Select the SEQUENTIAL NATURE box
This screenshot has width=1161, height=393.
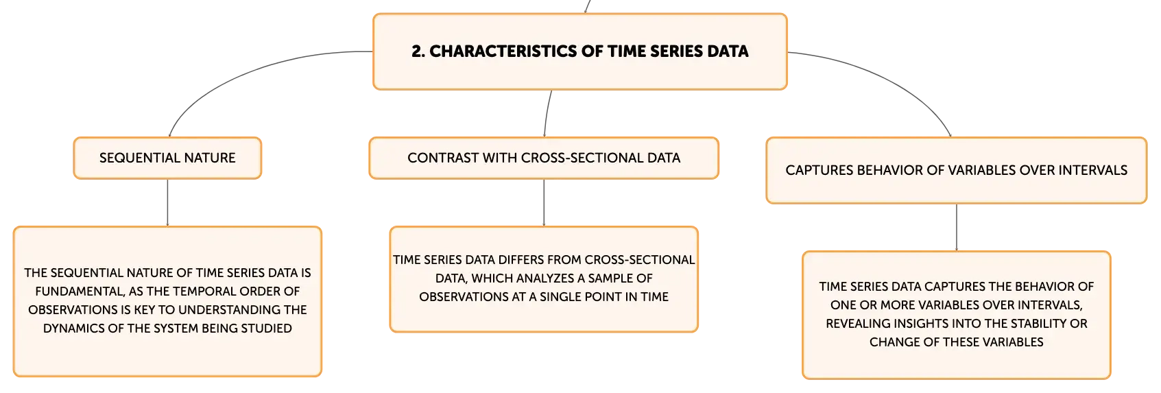pyautogui.click(x=167, y=158)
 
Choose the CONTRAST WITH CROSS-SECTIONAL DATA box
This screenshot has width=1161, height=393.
pyautogui.click(x=544, y=158)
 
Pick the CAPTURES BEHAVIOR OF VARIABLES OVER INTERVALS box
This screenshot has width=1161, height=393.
pyautogui.click(x=956, y=171)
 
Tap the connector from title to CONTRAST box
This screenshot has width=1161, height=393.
pyautogui.click(x=547, y=113)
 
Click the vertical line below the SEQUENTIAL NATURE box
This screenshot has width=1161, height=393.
pyautogui.click(x=167, y=203)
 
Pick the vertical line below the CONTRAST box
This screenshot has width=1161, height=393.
pyautogui.click(x=544, y=203)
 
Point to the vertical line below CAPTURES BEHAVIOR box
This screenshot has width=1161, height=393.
pyautogui.click(x=956, y=228)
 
